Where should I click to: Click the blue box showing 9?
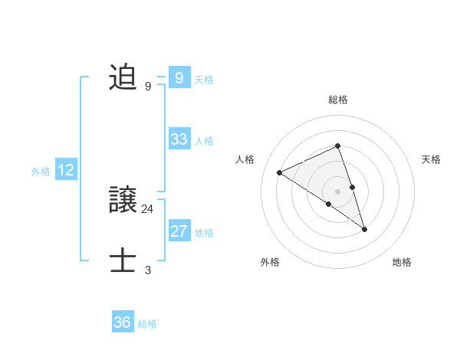pos(179,77)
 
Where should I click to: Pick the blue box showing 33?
pos(179,139)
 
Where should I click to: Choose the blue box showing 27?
pos(179,231)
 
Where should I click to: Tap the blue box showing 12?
pos(66,170)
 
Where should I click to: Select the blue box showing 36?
pos(123,322)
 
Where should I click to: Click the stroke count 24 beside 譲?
pos(147,208)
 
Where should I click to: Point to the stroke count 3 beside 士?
pos(147,270)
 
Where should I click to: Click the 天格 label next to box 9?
pos(204,79)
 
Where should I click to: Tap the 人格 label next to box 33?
pos(204,141)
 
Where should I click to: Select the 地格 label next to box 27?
pos(204,233)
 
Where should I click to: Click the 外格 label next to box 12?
pos(41,172)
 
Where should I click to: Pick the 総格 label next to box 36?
pos(147,324)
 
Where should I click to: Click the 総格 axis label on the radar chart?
pos(337,100)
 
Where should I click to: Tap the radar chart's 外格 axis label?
pos(270,262)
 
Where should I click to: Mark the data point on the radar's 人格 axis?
pos(280,172)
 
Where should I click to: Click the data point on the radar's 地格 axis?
pos(365,229)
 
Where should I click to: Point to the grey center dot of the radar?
pos(337,190)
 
